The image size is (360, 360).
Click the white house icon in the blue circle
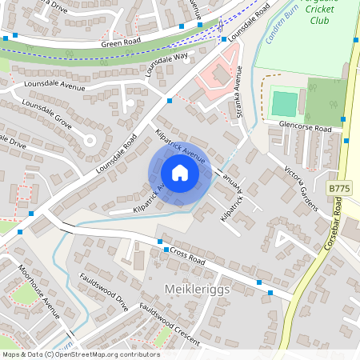point(179,173)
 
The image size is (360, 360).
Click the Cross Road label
point(189,256)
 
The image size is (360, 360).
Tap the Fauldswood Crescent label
point(166,319)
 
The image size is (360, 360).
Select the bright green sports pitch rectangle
point(284,103)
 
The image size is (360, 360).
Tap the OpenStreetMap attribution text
point(80,354)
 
